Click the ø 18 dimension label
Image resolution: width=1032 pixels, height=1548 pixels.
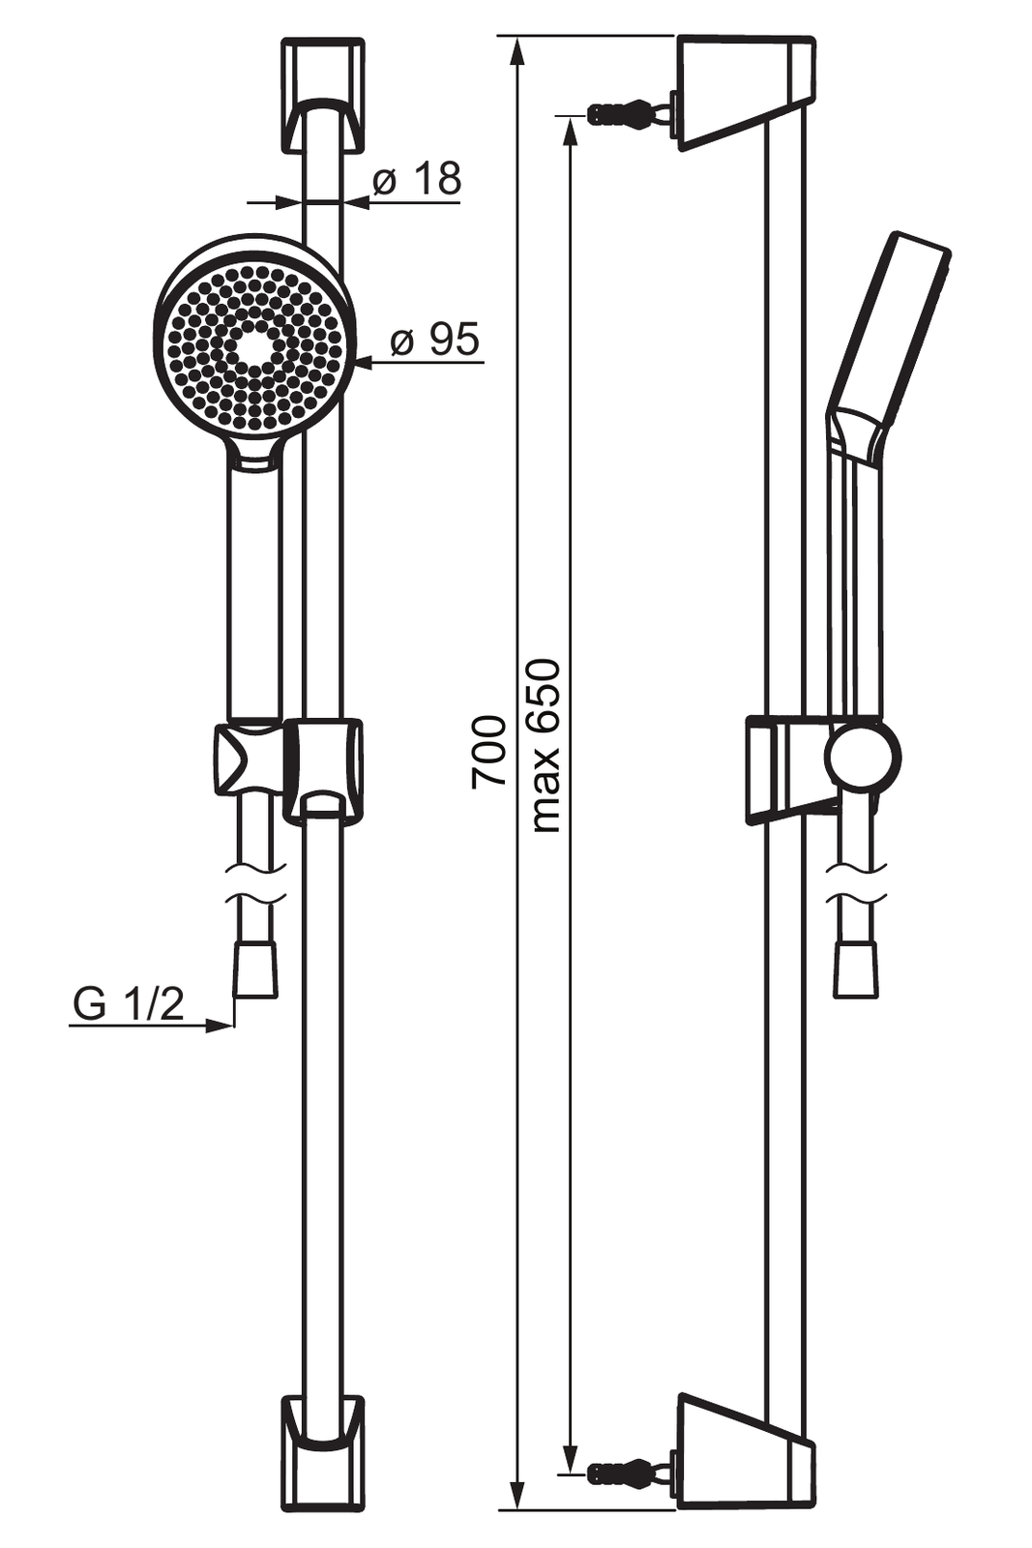[417, 180]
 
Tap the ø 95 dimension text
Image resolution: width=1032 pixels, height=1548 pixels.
[434, 339]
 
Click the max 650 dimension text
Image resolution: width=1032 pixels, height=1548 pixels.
[545, 746]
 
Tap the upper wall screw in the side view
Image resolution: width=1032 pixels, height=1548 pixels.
[629, 112]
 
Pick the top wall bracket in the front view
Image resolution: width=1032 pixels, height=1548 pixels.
[323, 96]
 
